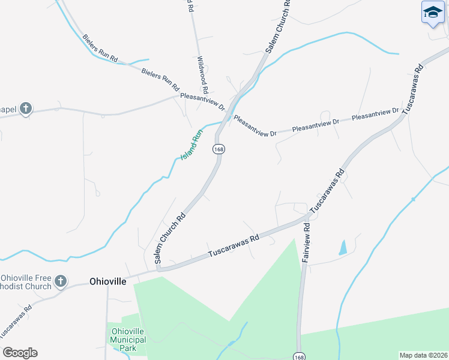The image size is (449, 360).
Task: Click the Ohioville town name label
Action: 108,281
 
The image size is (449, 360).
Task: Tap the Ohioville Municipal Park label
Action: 127,340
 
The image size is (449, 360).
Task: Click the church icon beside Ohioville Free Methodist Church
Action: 60,281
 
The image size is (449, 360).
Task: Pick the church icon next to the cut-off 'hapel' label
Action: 25,109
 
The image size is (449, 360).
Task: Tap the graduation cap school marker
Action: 432,13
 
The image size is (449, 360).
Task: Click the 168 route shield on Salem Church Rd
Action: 218,149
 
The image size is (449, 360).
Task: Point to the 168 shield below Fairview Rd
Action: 299,356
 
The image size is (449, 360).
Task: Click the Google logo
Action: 20,353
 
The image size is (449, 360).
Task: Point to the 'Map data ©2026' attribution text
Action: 423,355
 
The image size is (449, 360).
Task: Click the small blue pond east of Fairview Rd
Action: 343,247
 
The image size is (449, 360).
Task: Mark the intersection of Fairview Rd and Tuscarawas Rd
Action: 308,216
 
